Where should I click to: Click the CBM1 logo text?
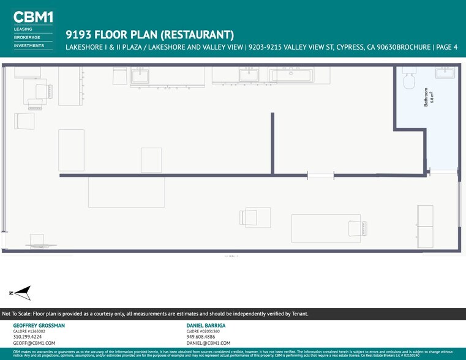[x=33, y=18]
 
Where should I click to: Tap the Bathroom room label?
[x=427, y=97]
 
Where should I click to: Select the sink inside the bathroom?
[x=445, y=73]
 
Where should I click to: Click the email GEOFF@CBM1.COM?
[x=34, y=343]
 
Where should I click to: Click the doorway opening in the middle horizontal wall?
[x=320, y=176]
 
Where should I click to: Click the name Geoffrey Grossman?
[x=39, y=325]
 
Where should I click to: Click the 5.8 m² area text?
[x=432, y=97]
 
